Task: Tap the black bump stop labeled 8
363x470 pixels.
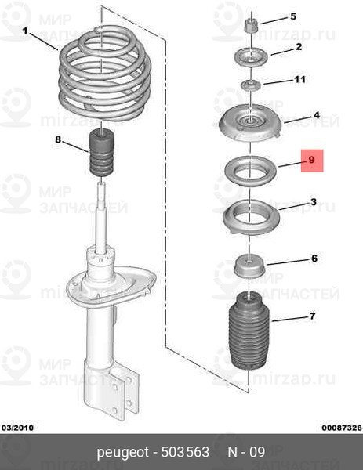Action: click(x=102, y=153)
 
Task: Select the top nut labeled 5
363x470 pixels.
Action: click(x=252, y=26)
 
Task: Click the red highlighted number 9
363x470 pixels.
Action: click(x=312, y=160)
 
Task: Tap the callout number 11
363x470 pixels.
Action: click(x=299, y=79)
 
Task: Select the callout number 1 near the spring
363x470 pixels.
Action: click(x=25, y=31)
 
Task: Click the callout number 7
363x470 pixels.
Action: click(x=313, y=316)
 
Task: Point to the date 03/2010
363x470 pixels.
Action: click(x=17, y=428)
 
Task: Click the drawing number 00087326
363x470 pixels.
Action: click(x=342, y=428)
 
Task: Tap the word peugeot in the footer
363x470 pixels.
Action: click(x=123, y=452)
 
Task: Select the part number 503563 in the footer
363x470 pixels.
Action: click(x=185, y=452)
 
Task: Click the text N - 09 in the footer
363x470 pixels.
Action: click(x=246, y=452)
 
